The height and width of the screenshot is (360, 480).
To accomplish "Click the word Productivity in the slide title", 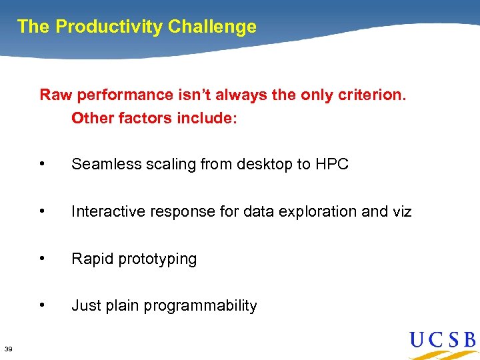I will (109, 27).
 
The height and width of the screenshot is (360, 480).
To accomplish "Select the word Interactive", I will (104, 211).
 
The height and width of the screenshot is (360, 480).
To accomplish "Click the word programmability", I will (200, 306).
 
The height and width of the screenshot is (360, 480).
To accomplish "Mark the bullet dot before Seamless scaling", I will (43, 164).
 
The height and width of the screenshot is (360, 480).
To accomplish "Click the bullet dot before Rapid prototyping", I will (43, 259).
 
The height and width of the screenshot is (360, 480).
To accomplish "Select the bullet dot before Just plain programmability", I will (43, 305).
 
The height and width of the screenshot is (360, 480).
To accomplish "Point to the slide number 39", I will (8, 349).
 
